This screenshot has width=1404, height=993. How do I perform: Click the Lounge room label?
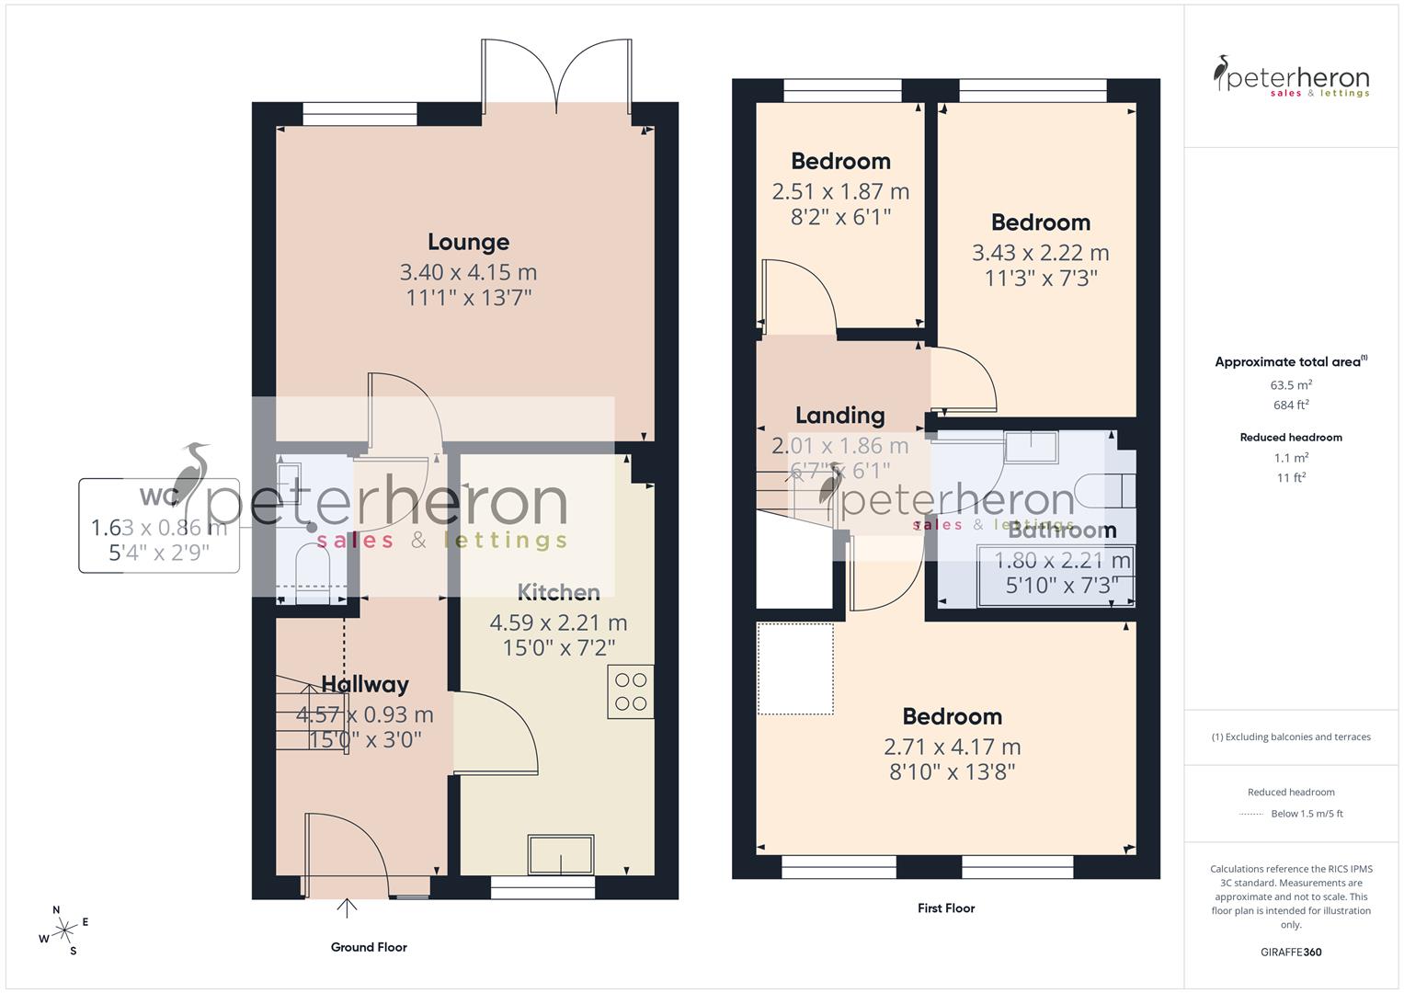tap(468, 242)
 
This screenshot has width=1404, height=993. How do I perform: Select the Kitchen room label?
tap(558, 592)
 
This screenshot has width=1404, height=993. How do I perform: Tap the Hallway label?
tap(365, 684)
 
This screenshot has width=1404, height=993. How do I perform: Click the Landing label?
tap(839, 416)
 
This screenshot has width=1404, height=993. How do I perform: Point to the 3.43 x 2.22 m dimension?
tap(1040, 253)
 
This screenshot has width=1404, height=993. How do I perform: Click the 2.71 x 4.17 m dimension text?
tap(952, 747)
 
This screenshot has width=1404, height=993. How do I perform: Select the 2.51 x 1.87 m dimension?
tap(840, 191)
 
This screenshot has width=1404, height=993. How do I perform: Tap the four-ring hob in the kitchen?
tap(631, 691)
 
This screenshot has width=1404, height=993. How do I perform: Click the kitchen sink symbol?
tap(560, 854)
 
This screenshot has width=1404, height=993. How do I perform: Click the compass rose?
tap(64, 930)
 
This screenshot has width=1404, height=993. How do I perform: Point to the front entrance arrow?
tap(347, 908)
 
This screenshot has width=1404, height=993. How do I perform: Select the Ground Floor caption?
tap(369, 947)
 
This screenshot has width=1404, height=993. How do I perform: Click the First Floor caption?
tap(945, 908)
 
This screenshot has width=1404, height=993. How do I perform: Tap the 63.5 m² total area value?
tap(1291, 385)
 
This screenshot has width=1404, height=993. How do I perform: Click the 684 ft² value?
tap(1291, 405)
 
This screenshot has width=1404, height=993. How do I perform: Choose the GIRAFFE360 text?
tap(1291, 953)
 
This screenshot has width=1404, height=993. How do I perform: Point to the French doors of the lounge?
tap(556, 77)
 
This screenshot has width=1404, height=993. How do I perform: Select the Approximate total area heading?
tap(1290, 362)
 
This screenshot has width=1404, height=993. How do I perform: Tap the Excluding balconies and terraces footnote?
tap(1291, 736)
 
